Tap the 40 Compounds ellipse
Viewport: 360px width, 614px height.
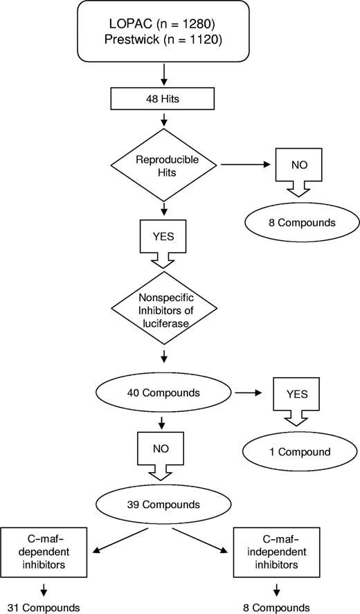[163, 392]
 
